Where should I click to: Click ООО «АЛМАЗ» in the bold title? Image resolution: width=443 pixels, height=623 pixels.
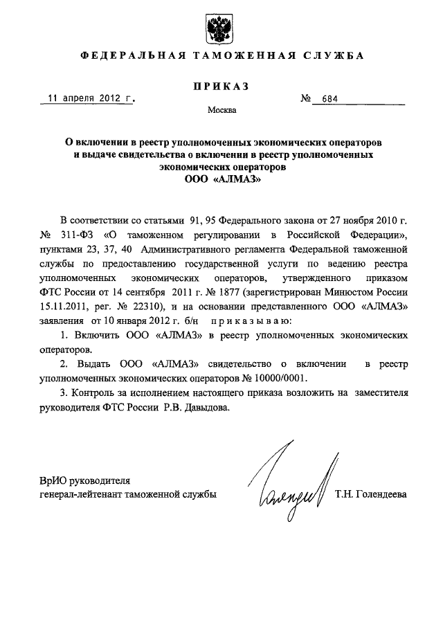pyautogui.click(x=221, y=179)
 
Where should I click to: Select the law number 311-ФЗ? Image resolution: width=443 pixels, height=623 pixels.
pyautogui.click(x=87, y=233)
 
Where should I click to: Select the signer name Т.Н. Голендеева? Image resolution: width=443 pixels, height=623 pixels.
pyautogui.click(x=370, y=494)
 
